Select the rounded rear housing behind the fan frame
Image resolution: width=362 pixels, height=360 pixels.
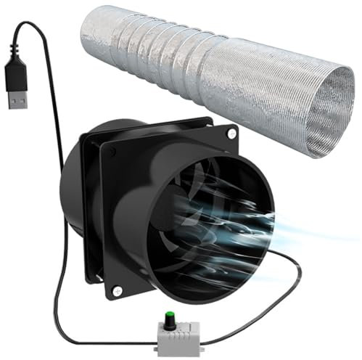[x=73, y=196]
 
